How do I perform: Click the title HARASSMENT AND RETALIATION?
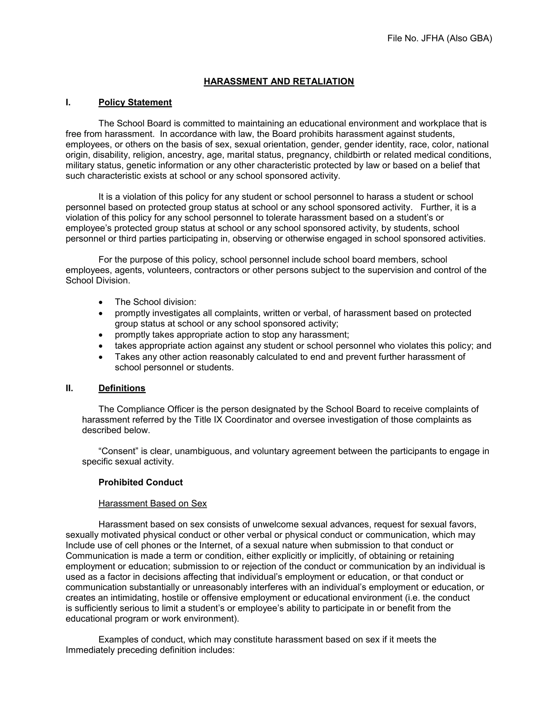pos(279,82)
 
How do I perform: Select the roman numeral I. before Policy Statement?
pos(68,102)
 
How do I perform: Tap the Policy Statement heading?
pos(135,102)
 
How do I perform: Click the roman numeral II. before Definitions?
pos(69,388)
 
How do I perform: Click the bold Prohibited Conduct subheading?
pos(141,482)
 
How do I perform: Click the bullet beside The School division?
pos(101,302)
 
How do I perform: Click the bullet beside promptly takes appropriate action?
pos(101,335)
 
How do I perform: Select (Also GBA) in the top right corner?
pos(469,39)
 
